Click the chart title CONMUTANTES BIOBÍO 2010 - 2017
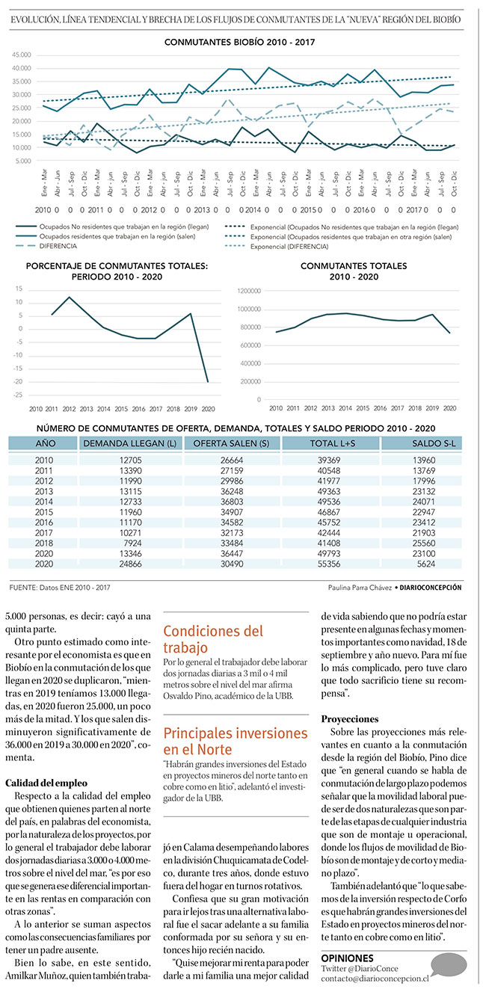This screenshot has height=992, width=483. pyautogui.click(x=240, y=43)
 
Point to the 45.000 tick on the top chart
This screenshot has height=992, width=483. pyautogui.click(x=21, y=55)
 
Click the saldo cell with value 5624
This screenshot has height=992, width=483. pyautogui.click(x=422, y=565)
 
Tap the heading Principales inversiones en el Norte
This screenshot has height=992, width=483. pyautogui.click(x=235, y=741)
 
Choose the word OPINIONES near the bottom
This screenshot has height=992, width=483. pyautogui.click(x=347, y=958)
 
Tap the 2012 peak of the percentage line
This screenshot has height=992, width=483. pyautogui.click(x=70, y=298)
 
